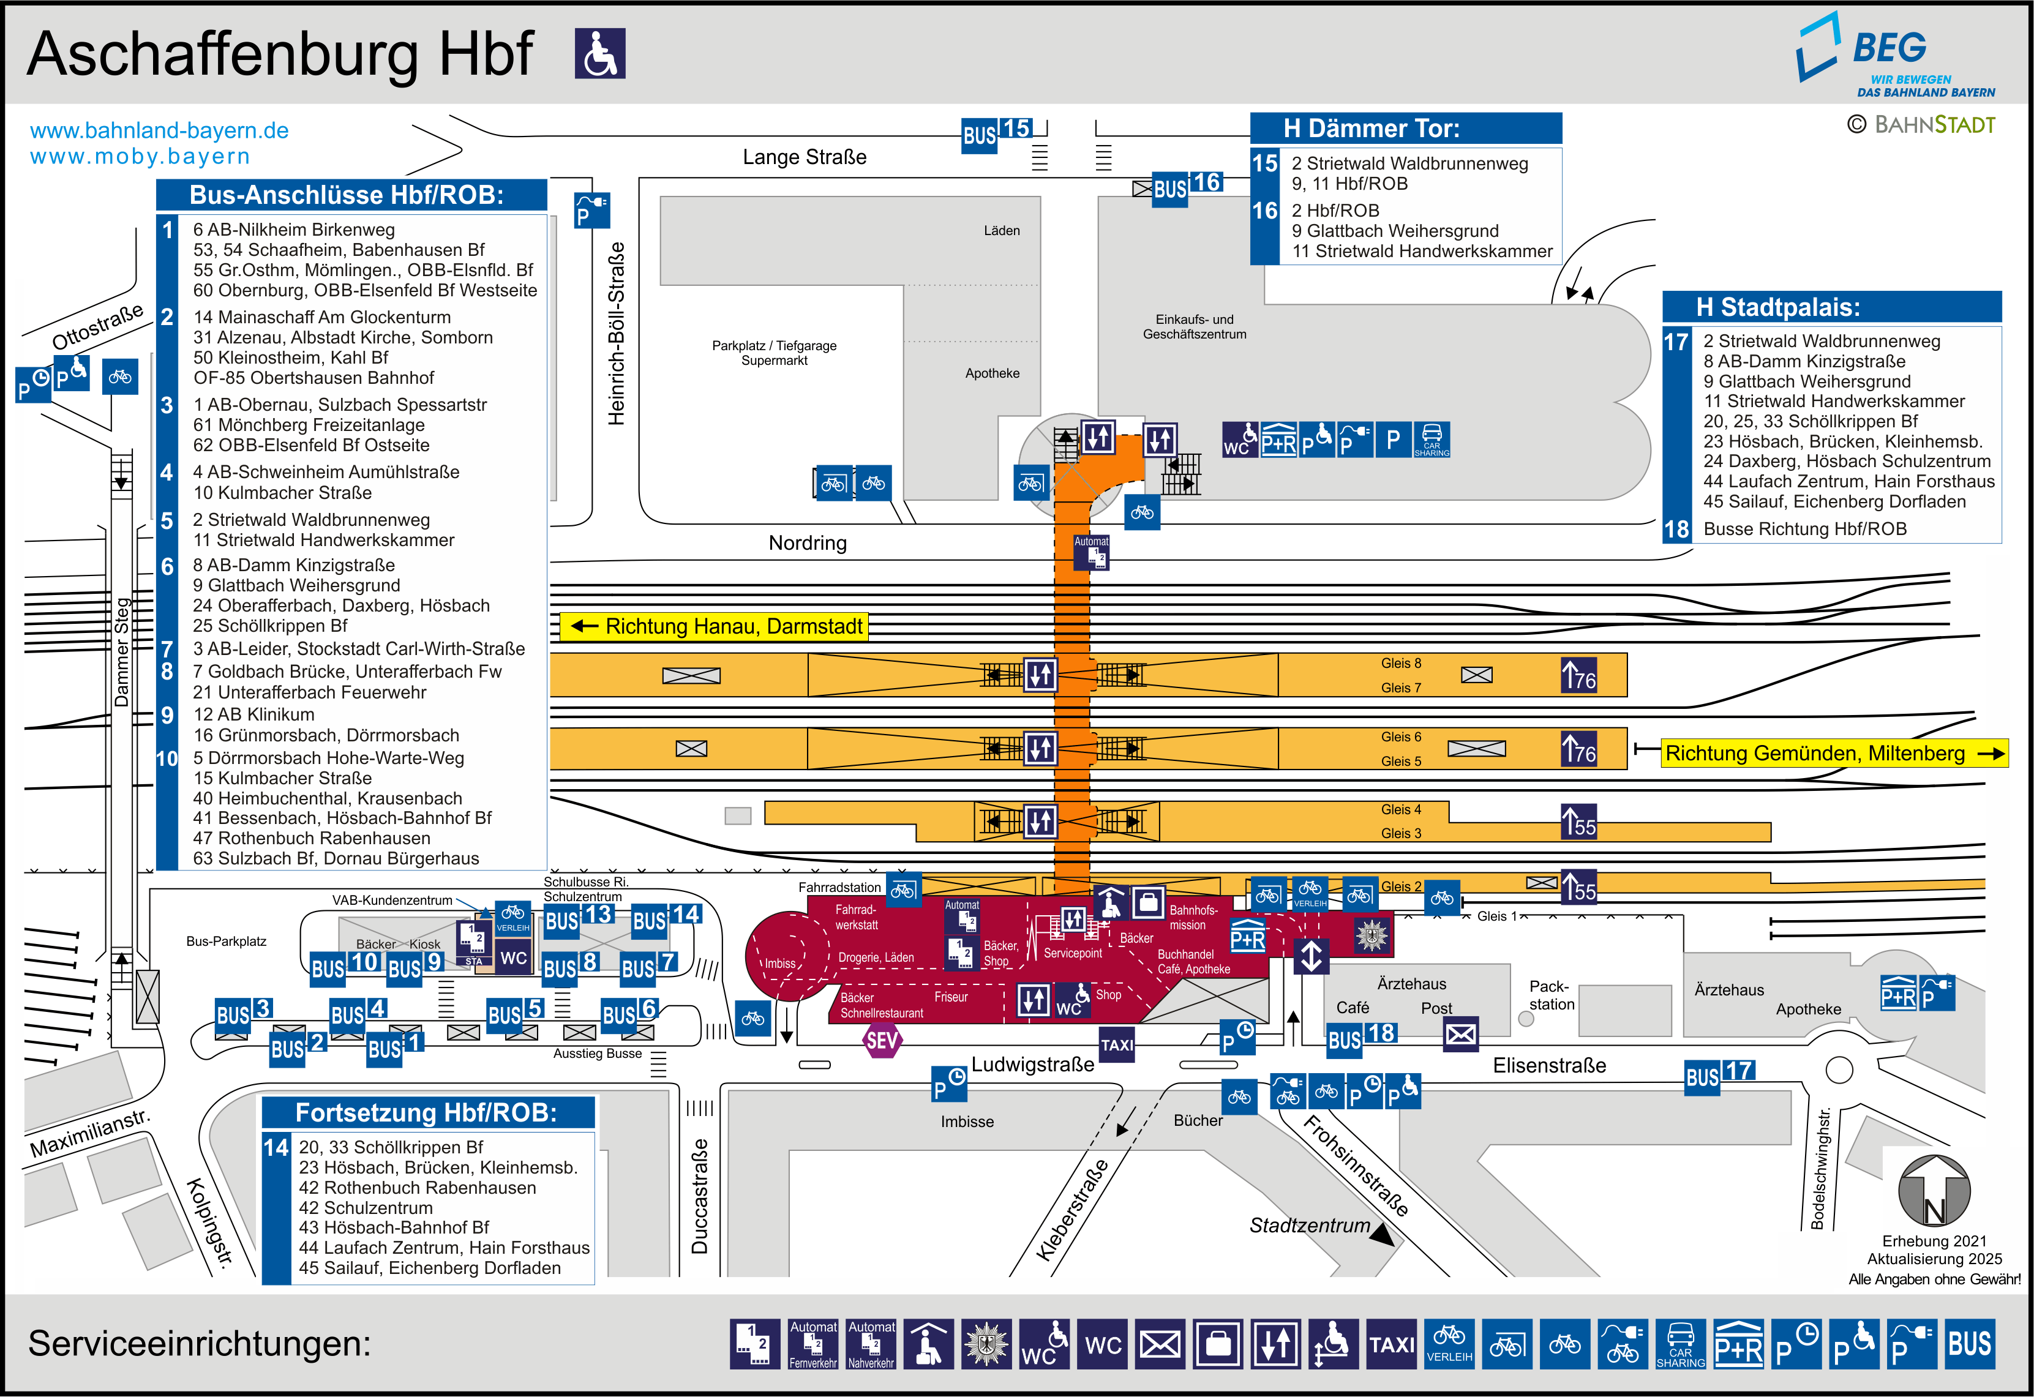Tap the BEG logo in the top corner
pos(1895,54)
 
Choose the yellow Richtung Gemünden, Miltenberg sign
pos(1834,754)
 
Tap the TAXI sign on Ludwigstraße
pos(1117,1044)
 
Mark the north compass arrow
pos(1934,1191)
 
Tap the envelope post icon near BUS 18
pos(1460,1035)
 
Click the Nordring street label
pos(808,542)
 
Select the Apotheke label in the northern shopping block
pos(993,373)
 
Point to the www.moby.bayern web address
pos(140,157)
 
